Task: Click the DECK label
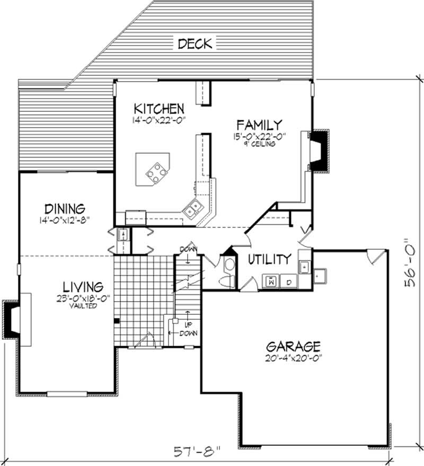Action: tap(195, 43)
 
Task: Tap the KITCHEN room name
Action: tap(159, 109)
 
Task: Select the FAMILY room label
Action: tap(259, 126)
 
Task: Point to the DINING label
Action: tap(65, 208)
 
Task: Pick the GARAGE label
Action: tap(293, 347)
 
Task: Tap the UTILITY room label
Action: tap(270, 259)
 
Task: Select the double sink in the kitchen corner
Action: tap(192, 209)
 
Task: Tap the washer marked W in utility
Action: tap(271, 280)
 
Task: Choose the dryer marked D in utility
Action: tap(289, 281)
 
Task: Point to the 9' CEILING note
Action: tap(259, 143)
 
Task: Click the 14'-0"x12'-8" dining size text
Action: tap(65, 219)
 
